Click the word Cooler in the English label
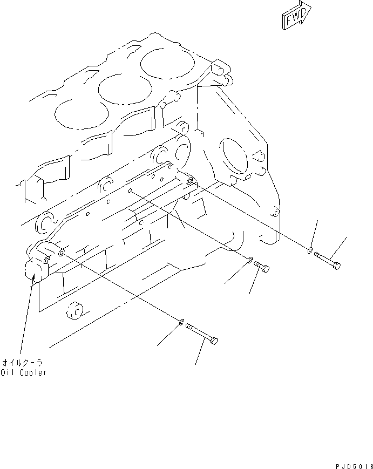click(x=32, y=373)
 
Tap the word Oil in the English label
click(x=9, y=373)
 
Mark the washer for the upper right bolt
click(x=309, y=250)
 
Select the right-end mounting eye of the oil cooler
click(x=189, y=182)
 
